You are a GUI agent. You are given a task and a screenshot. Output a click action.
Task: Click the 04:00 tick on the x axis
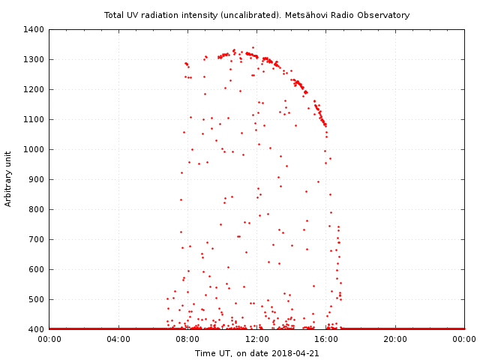[x=118, y=339]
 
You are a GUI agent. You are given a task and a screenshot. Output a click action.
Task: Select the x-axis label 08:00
[x=187, y=339]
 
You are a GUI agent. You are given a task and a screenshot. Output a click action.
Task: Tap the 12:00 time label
[x=257, y=339]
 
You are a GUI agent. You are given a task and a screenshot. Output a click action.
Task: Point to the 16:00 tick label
[x=326, y=339]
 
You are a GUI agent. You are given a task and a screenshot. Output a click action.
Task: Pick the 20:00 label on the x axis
[x=395, y=339]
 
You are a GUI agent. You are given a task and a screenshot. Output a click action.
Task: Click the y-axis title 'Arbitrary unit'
[x=9, y=178]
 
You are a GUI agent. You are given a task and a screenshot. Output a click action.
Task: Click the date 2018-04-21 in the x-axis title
[x=296, y=353]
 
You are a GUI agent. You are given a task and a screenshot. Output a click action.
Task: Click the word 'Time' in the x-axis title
[x=205, y=353]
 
